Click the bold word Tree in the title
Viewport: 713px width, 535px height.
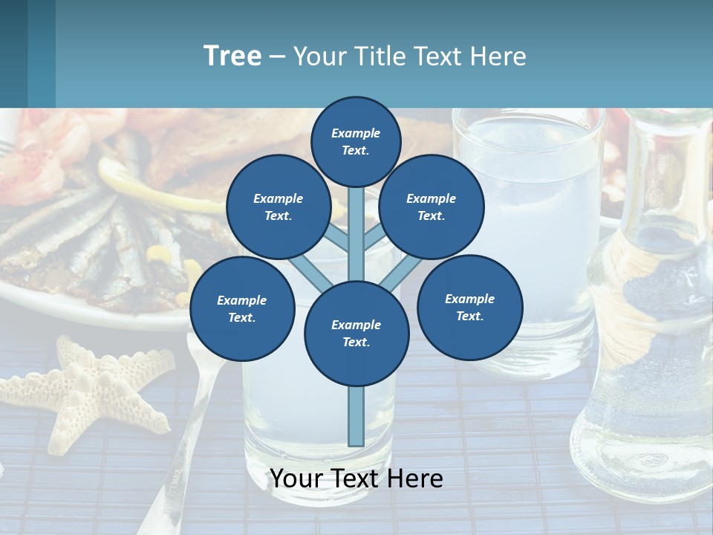[x=232, y=56]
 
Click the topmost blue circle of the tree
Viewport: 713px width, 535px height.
[x=356, y=141]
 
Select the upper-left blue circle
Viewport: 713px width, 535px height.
[x=278, y=207]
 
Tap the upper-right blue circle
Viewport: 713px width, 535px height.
[x=432, y=207]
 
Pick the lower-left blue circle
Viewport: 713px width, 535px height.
[x=242, y=308]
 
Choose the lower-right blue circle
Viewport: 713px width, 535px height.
[x=469, y=307]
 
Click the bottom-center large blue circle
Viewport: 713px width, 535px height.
[x=356, y=333]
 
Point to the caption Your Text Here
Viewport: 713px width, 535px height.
[x=356, y=479]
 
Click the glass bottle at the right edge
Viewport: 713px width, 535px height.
[x=654, y=334]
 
